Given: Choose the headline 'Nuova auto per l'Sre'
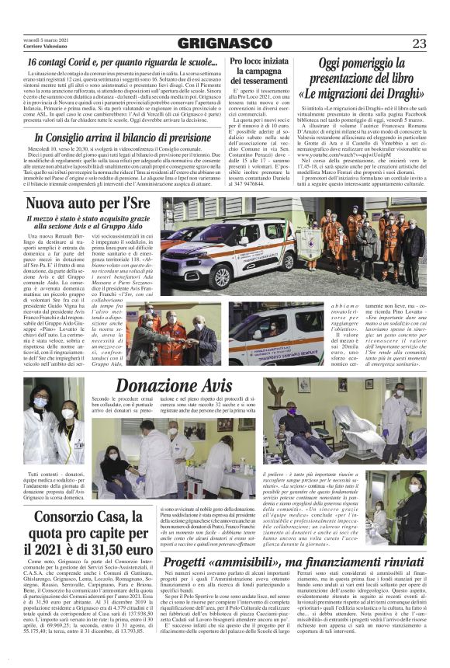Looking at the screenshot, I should pos(86,204).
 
